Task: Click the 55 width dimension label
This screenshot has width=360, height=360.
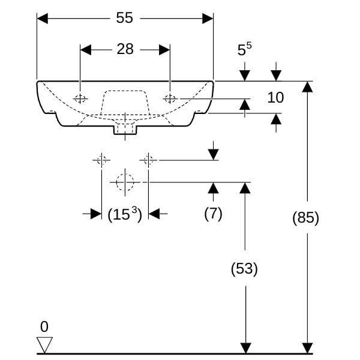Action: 124,17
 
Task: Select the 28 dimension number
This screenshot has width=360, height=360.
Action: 125,49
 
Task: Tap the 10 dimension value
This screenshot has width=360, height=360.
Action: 275,97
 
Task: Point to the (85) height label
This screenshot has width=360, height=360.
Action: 305,217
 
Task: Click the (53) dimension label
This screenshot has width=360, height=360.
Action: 244,268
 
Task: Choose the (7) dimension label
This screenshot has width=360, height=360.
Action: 213,214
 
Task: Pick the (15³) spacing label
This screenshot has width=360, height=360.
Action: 125,214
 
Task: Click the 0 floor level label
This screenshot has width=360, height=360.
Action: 44,326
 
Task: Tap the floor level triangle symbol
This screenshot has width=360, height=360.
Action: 44,344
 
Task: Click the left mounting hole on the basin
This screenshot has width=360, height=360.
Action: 80,99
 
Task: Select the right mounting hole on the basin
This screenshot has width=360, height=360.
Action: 170,99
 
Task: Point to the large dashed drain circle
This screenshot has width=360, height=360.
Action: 125,182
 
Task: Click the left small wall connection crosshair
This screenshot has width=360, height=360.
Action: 101,160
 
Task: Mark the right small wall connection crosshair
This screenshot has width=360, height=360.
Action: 148,160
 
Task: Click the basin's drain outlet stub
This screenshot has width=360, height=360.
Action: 125,130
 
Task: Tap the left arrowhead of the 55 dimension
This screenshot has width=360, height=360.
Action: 43,19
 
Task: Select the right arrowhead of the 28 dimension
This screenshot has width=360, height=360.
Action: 164,50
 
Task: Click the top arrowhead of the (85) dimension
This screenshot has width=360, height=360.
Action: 307,87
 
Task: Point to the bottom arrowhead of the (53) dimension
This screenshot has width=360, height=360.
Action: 245,348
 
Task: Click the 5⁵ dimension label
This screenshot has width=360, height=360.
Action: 245,49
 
